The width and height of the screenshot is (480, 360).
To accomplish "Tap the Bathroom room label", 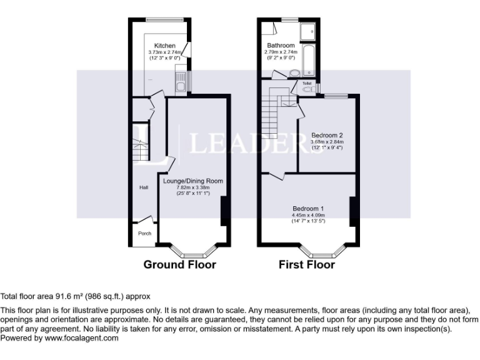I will (x=281, y=46).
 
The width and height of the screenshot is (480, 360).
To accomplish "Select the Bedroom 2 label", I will (x=327, y=135).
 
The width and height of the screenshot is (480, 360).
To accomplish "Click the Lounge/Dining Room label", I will (x=193, y=181).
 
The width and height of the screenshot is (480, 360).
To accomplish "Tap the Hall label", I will (x=144, y=187).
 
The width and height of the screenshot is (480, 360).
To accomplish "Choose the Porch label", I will (x=144, y=233).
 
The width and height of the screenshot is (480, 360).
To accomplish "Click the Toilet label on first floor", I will (x=307, y=82).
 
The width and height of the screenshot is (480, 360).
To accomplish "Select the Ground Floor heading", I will (x=180, y=264).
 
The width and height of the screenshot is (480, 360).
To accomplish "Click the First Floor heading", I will (x=307, y=264).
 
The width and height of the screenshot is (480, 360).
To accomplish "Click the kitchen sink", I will (x=179, y=81).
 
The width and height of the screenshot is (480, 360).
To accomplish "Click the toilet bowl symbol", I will (x=306, y=89).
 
